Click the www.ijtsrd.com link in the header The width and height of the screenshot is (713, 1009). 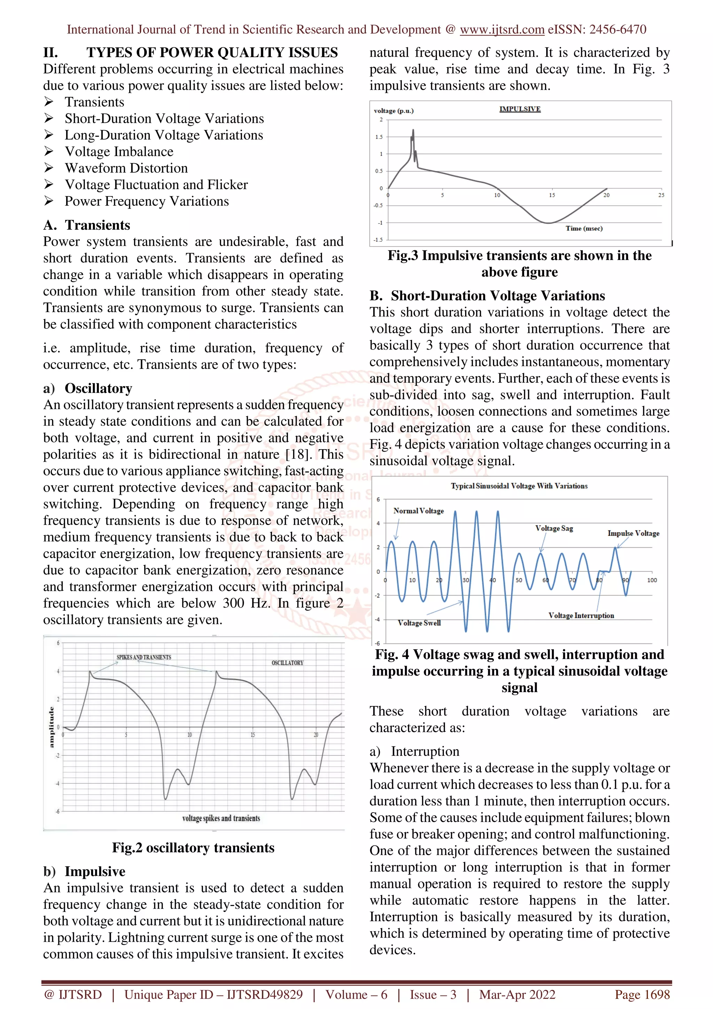(502, 30)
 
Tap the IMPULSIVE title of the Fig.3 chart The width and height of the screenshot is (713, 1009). (520, 109)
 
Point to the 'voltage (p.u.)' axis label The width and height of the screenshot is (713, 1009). (394, 111)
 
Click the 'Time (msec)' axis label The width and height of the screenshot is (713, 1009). (584, 228)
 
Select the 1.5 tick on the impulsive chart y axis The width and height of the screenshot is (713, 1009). (379, 137)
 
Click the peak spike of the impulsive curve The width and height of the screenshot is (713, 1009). (413, 131)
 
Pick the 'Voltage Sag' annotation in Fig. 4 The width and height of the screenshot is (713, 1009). (554, 528)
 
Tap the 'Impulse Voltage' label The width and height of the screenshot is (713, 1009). (633, 533)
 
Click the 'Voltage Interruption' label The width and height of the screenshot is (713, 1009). (581, 615)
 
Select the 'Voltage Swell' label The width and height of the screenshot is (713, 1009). (419, 623)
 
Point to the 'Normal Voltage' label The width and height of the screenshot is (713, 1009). (418, 511)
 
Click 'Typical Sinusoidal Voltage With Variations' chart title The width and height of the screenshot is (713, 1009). (519, 486)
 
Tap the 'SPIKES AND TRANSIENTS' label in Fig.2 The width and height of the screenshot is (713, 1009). (144, 657)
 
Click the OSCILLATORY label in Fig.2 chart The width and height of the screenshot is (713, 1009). (287, 663)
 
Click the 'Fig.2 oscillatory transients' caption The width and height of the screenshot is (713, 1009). (193, 847)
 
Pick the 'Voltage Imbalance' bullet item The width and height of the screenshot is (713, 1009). (119, 151)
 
